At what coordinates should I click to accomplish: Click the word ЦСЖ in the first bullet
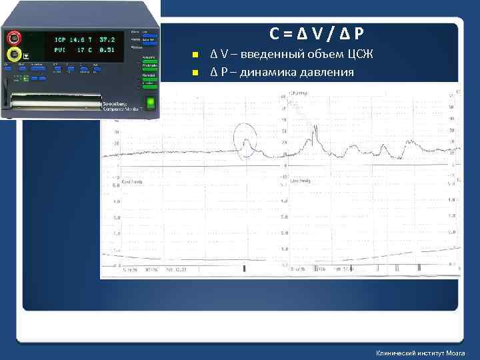pos(358,54)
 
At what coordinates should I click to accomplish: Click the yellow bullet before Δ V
pos(195,55)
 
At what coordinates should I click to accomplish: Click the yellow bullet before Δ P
pos(195,72)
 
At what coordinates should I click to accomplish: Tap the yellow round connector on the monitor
pos(13,53)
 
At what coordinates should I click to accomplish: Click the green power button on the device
pos(151,103)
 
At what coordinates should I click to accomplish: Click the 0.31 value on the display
pos(106,49)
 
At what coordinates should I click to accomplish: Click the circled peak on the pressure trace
pos(245,142)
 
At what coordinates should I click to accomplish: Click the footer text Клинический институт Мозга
pos(420,353)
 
